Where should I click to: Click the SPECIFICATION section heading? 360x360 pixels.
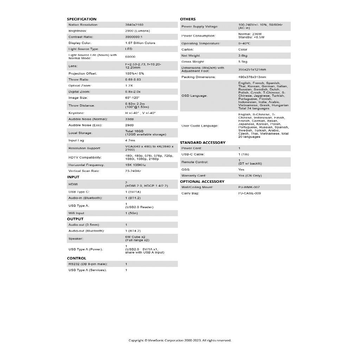click(82, 19)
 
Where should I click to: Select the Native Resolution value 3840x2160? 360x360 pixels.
click(134, 25)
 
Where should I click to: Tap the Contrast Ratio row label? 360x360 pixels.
click(81, 37)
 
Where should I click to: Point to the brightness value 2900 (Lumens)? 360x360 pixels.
click(137, 31)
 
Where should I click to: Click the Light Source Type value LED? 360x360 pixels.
click(129, 49)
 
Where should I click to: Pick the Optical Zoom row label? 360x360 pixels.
click(80, 85)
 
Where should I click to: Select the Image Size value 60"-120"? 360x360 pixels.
click(133, 98)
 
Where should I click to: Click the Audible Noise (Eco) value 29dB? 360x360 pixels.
click(129, 125)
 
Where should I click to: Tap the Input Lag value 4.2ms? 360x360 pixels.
click(130, 141)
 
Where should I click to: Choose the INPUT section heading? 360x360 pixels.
click(73, 177)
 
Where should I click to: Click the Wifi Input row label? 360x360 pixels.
click(76, 213)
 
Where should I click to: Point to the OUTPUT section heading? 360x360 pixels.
click(75, 219)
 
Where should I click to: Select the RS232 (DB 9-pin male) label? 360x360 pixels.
click(88, 264)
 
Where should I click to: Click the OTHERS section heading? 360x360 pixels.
click(188, 19)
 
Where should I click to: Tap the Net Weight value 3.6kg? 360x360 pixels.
click(243, 56)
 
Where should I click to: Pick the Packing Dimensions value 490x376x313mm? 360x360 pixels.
click(252, 77)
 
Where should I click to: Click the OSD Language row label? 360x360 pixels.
click(194, 96)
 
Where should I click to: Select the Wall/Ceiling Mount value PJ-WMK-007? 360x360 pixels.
click(249, 187)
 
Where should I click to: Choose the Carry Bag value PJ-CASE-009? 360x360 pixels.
click(250, 193)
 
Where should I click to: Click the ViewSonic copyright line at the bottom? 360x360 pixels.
click(180, 340)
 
